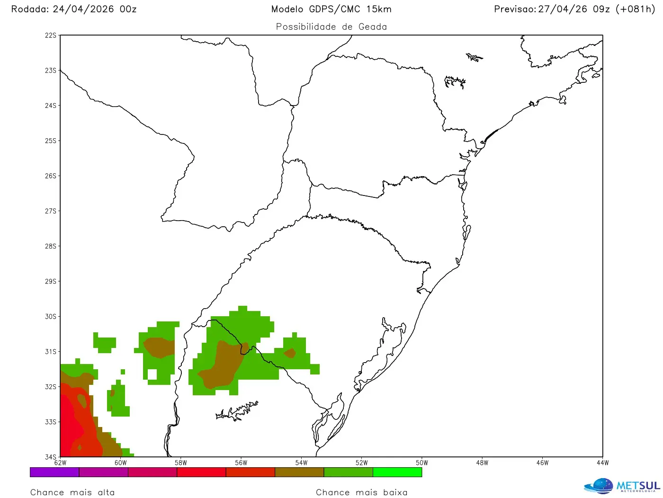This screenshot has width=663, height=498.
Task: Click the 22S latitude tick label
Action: pyautogui.click(x=50, y=36)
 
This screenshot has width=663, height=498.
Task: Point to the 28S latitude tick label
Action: pyautogui.click(x=50, y=246)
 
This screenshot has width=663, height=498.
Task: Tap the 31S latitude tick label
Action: pyautogui.click(x=50, y=352)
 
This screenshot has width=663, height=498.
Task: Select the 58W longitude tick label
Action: pyautogui.click(x=181, y=463)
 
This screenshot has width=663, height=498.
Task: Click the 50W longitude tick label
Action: pyautogui.click(x=422, y=463)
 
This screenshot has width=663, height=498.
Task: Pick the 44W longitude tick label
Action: pyautogui.click(x=602, y=463)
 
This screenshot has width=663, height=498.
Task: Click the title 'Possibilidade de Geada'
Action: pyautogui.click(x=331, y=27)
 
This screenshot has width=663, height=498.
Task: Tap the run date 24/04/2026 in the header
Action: pyautogui.click(x=83, y=9)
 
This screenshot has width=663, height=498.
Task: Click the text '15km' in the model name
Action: pyautogui.click(x=379, y=9)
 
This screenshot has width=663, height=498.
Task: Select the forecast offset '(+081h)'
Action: pyautogui.click(x=635, y=9)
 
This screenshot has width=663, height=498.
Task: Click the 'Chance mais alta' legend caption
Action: pyautogui.click(x=72, y=492)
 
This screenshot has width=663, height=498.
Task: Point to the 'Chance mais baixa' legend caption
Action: pyautogui.click(x=362, y=492)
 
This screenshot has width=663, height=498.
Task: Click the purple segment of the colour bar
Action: pyautogui.click(x=54, y=472)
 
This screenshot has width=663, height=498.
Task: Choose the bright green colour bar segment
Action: pyautogui.click(x=397, y=472)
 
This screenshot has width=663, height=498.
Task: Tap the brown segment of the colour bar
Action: pyautogui.click(x=299, y=472)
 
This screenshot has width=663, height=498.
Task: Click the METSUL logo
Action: pyautogui.click(x=622, y=486)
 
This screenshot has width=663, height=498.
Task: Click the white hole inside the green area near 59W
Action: pyautogui.click(x=152, y=374)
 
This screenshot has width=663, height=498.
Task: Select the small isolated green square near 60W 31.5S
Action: pyautogui.click(x=123, y=372)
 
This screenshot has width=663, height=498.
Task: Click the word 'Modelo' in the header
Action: pyautogui.click(x=287, y=9)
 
